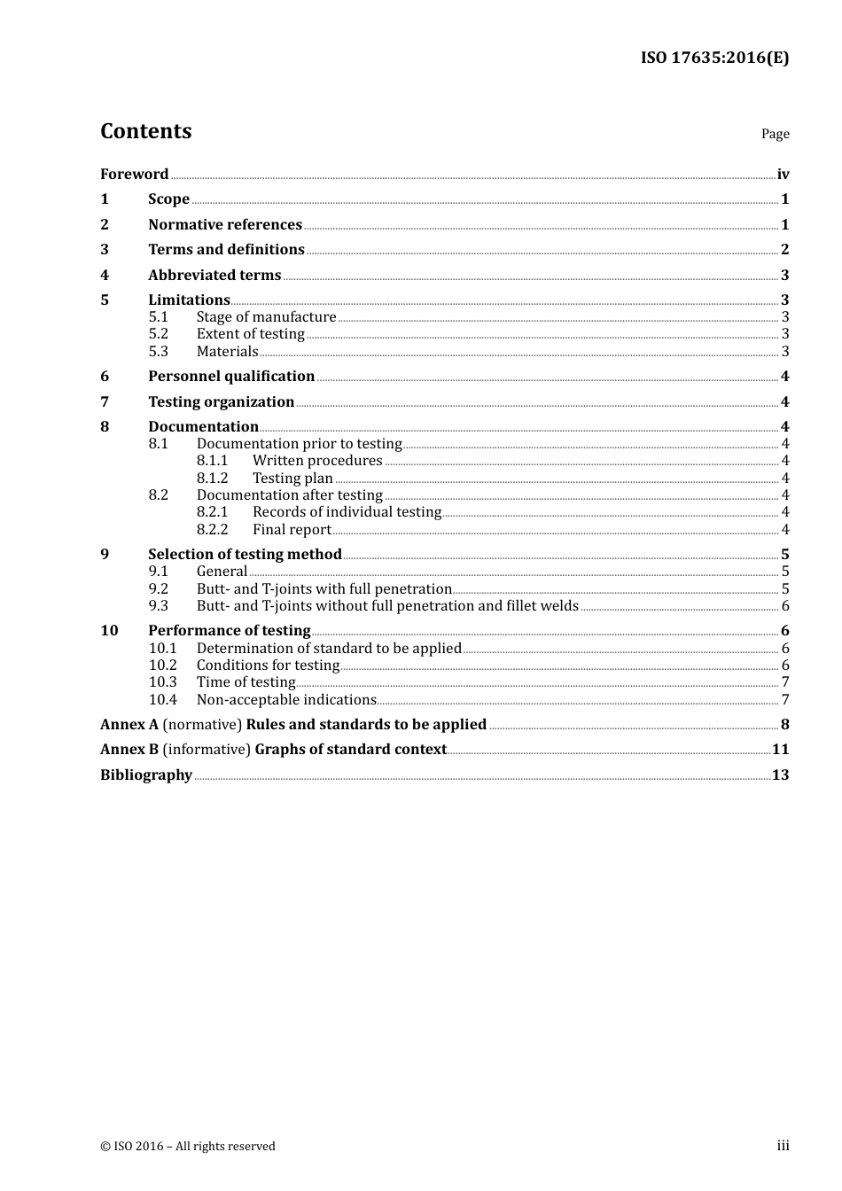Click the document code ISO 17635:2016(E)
coord(714,58)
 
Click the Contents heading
coord(145,131)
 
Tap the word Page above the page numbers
coord(775,134)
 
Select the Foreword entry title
coord(134,174)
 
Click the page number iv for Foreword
coord(783,174)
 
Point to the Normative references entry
coord(225,224)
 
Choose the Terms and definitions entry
coord(226,249)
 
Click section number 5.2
coord(159,334)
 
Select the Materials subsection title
coord(227,351)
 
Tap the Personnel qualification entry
coord(231,376)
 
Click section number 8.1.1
coord(213,461)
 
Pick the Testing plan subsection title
coord(292,478)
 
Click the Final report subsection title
coord(292,529)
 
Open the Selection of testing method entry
coord(245,554)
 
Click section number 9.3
coord(159,606)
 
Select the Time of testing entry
coord(246,682)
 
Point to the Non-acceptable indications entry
coord(286,699)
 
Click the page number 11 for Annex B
coord(780,749)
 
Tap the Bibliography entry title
coord(146,775)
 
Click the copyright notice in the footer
coord(188,1146)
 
